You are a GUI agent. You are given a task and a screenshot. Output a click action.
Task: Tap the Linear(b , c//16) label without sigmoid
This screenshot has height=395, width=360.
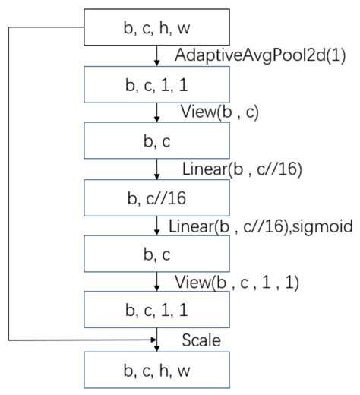pyautogui.click(x=242, y=169)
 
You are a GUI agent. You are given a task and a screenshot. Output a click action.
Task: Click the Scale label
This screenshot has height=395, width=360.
pyautogui.click(x=201, y=340)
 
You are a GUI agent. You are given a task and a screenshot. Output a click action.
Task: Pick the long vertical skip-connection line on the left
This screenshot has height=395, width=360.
pyautogui.click(x=8, y=182)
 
